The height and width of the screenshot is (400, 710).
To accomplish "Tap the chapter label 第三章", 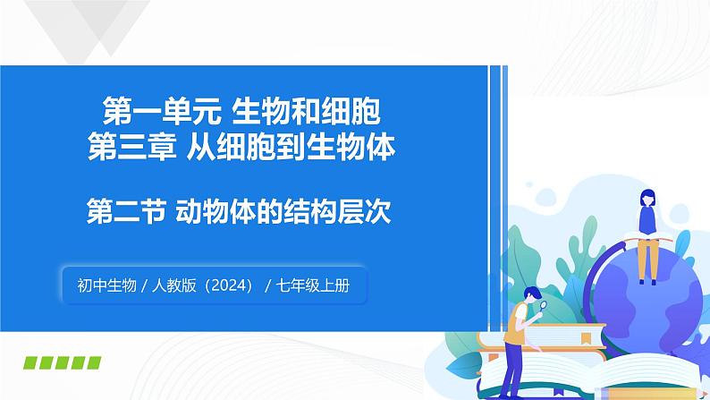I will point(131,148).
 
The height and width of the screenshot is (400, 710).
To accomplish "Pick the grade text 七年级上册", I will point(319,285).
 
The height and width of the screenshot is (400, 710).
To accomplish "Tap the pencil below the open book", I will point(572,390).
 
